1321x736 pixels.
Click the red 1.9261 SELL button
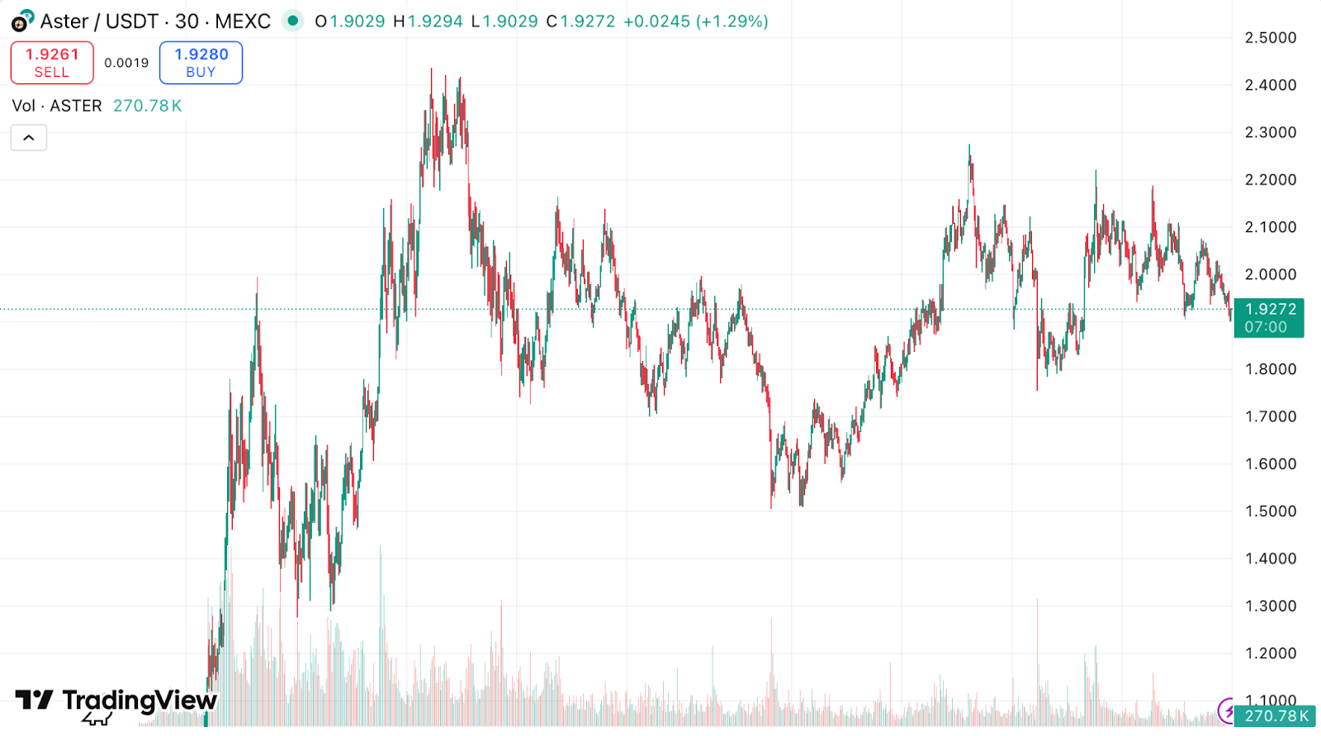click(52, 63)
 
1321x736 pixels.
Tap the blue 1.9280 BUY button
click(201, 63)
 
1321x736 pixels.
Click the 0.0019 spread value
click(126, 63)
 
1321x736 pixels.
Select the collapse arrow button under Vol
click(29, 138)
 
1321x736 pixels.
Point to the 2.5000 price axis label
click(1270, 38)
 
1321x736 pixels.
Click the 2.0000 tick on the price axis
click(1270, 274)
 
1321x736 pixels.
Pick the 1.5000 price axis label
click(1270, 511)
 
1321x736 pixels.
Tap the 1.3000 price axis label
click(1270, 606)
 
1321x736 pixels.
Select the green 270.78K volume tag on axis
click(1276, 716)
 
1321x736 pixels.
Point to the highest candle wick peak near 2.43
click(431, 71)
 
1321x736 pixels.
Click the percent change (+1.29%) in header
click(732, 21)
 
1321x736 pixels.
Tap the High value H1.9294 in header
click(428, 21)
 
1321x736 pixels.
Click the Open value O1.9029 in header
click(350, 21)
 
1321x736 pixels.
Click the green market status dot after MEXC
click(292, 21)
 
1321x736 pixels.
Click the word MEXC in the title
click(243, 21)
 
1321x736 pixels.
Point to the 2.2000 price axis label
click(1270, 180)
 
